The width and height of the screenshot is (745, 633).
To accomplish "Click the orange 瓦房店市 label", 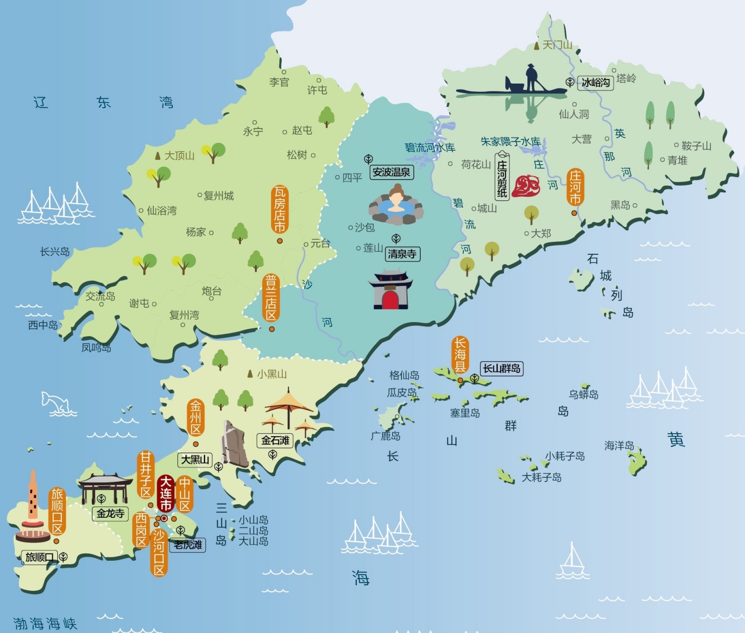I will tap(280, 209).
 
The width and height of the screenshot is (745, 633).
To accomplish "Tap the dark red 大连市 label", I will tap(165, 493).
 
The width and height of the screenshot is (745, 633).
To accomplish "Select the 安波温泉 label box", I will tap(391, 172).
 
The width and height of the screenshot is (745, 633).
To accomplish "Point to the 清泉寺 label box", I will tap(402, 254).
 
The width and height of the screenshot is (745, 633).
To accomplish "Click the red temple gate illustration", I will tap(390, 290).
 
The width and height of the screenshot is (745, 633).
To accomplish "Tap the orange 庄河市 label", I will tap(575, 187).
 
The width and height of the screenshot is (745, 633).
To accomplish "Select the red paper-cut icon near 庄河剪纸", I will tap(526, 186).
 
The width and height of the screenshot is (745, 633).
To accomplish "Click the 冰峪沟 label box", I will tap(596, 83).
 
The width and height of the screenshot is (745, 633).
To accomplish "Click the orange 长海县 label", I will tap(460, 355).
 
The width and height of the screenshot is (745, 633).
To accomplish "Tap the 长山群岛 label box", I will tap(502, 368).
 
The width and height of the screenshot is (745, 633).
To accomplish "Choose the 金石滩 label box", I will tap(275, 440).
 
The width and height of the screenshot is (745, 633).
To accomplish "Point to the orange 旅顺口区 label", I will tap(57, 511).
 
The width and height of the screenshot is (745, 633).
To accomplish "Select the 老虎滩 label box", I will tap(188, 545).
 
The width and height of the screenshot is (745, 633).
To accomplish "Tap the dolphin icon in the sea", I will tap(55, 402).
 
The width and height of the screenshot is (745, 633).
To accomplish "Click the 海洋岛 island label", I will tap(619, 446).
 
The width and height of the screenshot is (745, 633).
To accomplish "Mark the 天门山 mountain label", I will tap(557, 45).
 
